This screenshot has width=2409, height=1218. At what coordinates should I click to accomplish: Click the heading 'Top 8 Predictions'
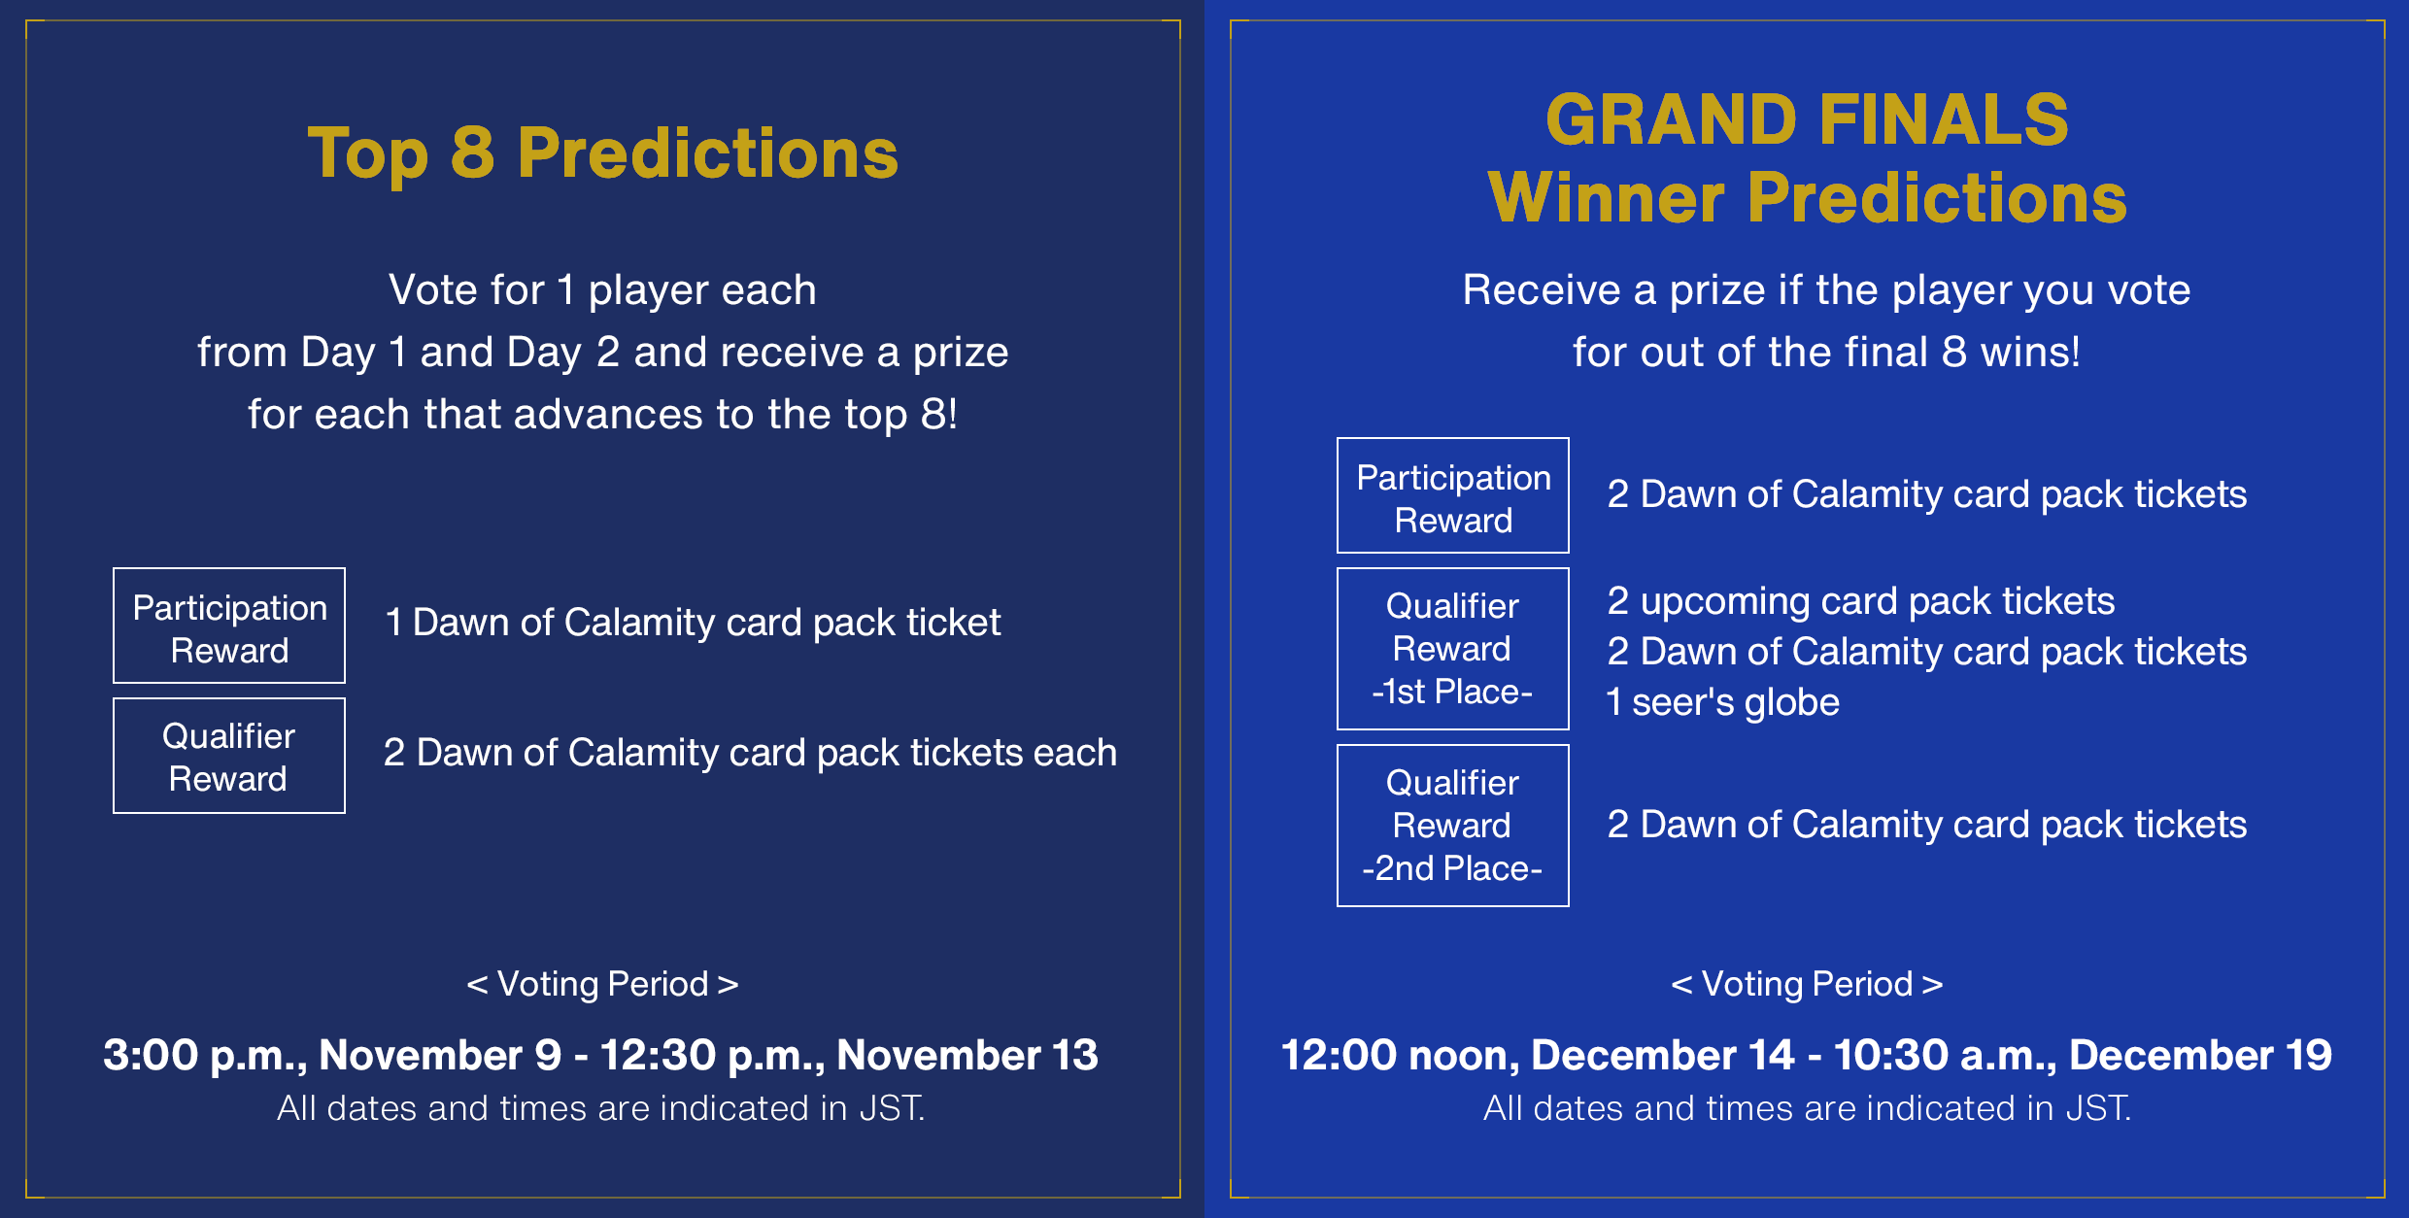click(603, 153)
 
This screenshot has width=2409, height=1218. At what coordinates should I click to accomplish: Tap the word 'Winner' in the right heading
click(1607, 198)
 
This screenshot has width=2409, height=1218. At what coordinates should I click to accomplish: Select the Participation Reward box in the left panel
click(229, 626)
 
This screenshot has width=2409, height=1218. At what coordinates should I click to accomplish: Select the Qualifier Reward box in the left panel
click(229, 756)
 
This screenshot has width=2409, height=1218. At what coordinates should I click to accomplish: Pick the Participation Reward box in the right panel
click(1453, 495)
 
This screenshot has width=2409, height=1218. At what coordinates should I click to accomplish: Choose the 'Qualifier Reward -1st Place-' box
click(1453, 649)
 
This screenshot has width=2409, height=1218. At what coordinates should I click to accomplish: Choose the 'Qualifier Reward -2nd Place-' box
click(1453, 826)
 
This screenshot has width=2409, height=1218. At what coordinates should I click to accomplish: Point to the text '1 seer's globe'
click(1723, 701)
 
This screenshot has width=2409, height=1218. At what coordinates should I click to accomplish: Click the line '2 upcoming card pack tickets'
click(1861, 601)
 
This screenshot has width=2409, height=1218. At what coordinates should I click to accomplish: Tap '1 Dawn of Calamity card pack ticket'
click(693, 623)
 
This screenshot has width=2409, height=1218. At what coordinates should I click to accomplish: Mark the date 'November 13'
click(967, 1055)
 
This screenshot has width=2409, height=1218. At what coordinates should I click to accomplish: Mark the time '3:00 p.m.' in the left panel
click(204, 1056)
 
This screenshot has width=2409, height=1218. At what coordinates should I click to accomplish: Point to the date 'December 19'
click(2200, 1055)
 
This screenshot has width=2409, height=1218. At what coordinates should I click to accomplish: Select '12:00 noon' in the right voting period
click(1400, 1056)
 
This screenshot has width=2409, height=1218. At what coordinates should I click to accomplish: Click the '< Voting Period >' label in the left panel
click(602, 985)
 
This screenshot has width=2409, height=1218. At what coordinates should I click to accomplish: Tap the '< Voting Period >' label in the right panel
click(1807, 985)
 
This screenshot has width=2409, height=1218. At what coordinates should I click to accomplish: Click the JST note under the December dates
click(1808, 1108)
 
